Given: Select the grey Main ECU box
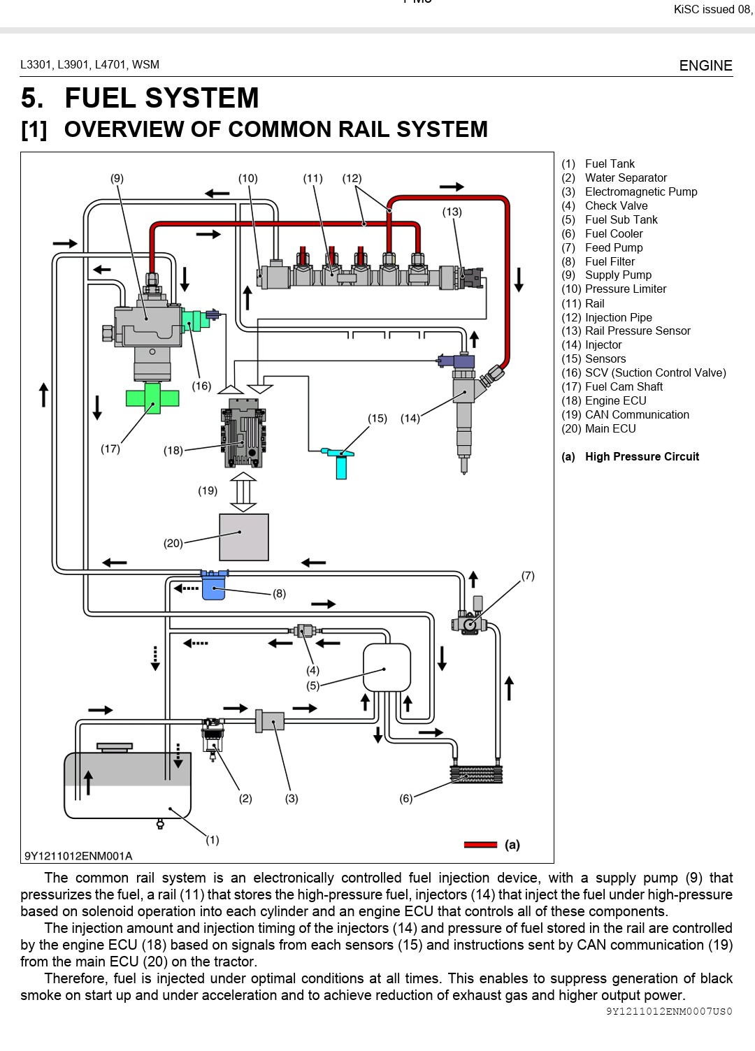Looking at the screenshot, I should [243, 537].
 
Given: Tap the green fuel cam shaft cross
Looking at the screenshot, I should [152, 398].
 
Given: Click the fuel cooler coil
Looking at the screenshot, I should [476, 774].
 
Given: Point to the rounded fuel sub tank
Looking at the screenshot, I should [386, 667].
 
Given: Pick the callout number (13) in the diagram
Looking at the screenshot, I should [452, 212].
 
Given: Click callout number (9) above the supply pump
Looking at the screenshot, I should [117, 178].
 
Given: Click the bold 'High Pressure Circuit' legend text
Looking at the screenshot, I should [642, 457].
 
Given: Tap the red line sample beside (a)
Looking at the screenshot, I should [480, 845].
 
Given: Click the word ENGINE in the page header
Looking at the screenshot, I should [705, 66].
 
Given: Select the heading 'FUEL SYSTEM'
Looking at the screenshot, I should [161, 99].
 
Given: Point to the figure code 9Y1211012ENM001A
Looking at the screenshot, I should [78, 856].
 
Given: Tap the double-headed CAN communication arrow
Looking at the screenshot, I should [243, 492].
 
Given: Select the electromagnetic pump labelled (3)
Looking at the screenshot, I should [270, 721].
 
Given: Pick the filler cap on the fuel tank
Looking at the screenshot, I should [115, 747].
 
